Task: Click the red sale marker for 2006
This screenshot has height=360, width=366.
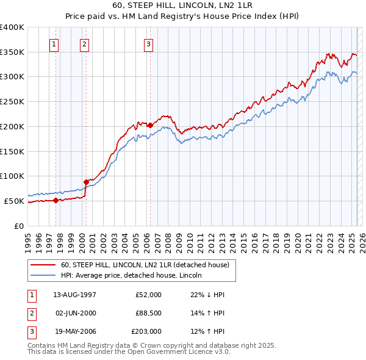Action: [x=150, y=125]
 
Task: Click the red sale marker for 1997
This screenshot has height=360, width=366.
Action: [x=56, y=200]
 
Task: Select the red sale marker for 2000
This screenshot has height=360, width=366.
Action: [x=86, y=181]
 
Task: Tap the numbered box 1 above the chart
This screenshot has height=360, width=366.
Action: [x=54, y=43]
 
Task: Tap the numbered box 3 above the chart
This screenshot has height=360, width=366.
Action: [x=148, y=43]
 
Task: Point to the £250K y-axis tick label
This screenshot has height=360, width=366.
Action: [x=12, y=101]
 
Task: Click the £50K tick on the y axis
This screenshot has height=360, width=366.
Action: [x=15, y=201]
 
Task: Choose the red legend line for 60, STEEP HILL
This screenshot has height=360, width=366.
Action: [x=44, y=265]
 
